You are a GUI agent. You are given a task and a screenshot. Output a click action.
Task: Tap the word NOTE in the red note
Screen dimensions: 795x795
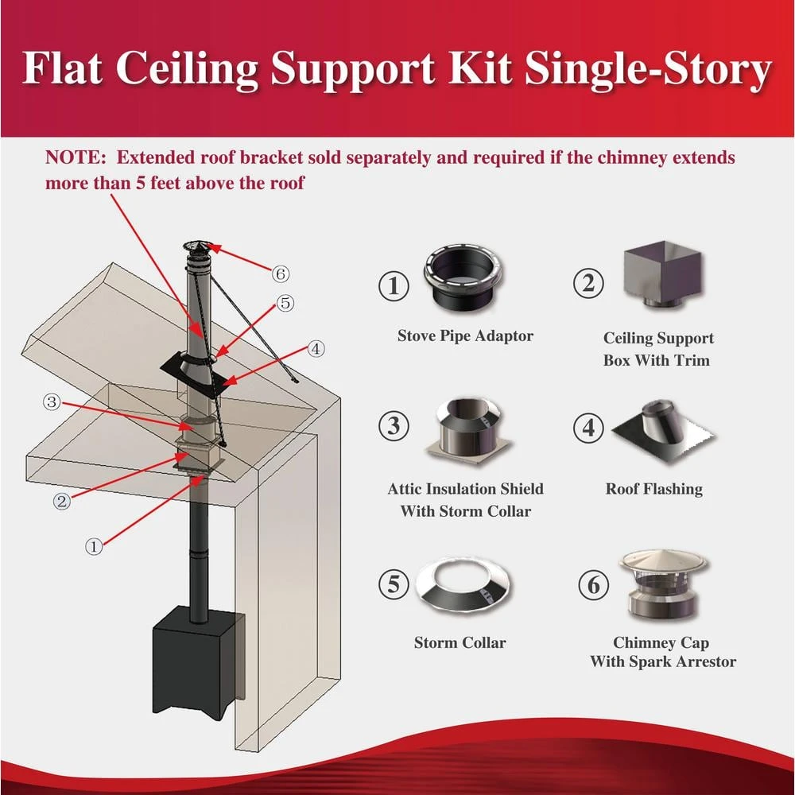pos(70,157)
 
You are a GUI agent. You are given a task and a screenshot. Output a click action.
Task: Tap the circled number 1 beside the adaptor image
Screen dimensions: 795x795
pos(393,286)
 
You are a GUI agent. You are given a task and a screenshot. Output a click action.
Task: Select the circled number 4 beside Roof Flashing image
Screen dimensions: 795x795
pos(588,427)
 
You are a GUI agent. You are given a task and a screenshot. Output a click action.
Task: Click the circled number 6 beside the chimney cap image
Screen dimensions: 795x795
pos(593,586)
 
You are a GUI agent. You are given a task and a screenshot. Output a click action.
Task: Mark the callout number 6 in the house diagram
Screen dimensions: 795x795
pos(279,274)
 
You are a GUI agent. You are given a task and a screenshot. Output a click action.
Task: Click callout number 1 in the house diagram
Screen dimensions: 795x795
pos(95,546)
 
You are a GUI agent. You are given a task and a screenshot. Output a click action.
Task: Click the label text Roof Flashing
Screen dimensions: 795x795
pos(653,489)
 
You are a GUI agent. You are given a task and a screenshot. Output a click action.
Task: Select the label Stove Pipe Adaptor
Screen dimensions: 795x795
pos(465,335)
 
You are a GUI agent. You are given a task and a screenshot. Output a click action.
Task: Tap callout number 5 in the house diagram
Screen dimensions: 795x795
pos(285,303)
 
